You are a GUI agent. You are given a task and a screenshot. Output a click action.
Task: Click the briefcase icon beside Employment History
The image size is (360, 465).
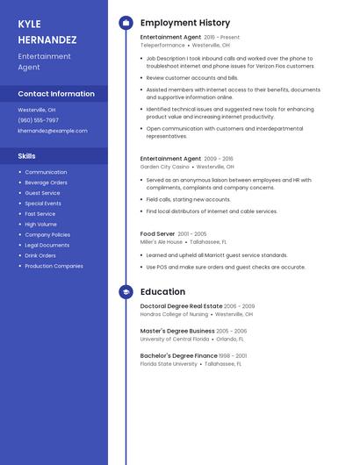tap(126, 23)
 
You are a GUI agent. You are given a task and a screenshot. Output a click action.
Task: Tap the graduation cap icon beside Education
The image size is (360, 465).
tap(126, 292)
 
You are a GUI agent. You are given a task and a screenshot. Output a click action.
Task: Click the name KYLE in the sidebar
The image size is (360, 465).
tap(30, 24)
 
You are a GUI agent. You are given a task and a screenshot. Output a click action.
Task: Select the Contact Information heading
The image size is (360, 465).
tap(56, 94)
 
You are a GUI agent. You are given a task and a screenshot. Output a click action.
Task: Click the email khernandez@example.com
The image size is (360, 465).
tap(53, 131)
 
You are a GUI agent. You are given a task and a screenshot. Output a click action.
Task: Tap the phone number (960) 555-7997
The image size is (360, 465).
tap(39, 120)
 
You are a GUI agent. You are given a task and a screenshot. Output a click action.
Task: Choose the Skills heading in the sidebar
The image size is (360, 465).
tap(27, 155)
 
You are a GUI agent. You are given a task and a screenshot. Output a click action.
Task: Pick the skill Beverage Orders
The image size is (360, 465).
tap(46, 182)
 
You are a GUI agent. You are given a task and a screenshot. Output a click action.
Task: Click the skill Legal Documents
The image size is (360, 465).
tap(47, 245)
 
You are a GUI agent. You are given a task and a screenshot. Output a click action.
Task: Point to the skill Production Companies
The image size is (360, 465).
tap(54, 266)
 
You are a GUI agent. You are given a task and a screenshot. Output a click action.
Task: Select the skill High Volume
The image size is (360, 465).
tap(40, 224)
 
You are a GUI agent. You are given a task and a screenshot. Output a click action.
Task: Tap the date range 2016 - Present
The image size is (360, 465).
tap(221, 38)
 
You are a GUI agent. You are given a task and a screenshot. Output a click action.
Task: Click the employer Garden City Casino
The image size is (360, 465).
tap(164, 166)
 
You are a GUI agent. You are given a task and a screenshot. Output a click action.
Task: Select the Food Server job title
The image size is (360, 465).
tap(156, 234)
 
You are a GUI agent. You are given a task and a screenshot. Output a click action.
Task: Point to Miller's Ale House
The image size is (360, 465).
tap(162, 241)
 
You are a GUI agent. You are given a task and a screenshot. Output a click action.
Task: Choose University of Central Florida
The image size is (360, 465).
tap(175, 339)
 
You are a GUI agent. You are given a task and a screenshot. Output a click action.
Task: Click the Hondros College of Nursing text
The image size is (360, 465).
tap(174, 313)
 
